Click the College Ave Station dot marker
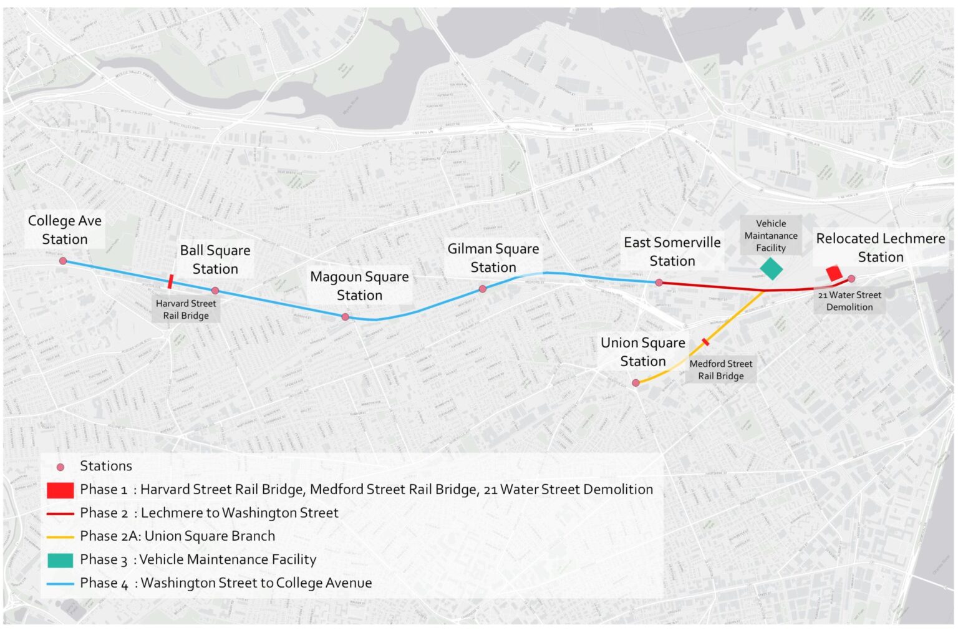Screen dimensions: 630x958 pyautogui.click(x=63, y=261)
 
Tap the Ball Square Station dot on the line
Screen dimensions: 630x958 pyautogui.click(x=215, y=291)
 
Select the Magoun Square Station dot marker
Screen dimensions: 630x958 pyautogui.click(x=346, y=317)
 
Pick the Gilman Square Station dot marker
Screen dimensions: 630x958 pyautogui.click(x=483, y=289)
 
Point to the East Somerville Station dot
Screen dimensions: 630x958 pyautogui.click(x=659, y=283)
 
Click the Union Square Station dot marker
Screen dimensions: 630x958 pyautogui.click(x=636, y=383)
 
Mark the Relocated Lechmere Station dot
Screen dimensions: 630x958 pyautogui.click(x=851, y=279)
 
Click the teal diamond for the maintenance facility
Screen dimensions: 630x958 pyautogui.click(x=772, y=268)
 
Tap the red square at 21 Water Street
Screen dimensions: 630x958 pyautogui.click(x=834, y=273)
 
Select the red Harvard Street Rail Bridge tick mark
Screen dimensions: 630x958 pyautogui.click(x=170, y=281)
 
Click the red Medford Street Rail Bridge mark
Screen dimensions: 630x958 pyautogui.click(x=705, y=342)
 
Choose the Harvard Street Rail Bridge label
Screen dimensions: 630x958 pyautogui.click(x=186, y=309)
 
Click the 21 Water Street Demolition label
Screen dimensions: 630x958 pyautogui.click(x=849, y=301)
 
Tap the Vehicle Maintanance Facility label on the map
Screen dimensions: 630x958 pyautogui.click(x=771, y=236)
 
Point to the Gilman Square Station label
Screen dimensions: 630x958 pyautogui.click(x=493, y=258)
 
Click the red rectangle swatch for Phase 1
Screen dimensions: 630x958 pyautogui.click(x=60, y=490)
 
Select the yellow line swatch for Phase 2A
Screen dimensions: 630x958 pyautogui.click(x=60, y=536)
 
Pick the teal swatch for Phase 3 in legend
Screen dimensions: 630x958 pyautogui.click(x=60, y=560)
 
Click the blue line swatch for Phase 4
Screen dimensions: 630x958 pyautogui.click(x=60, y=584)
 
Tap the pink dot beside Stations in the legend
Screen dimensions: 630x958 pyautogui.click(x=60, y=467)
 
